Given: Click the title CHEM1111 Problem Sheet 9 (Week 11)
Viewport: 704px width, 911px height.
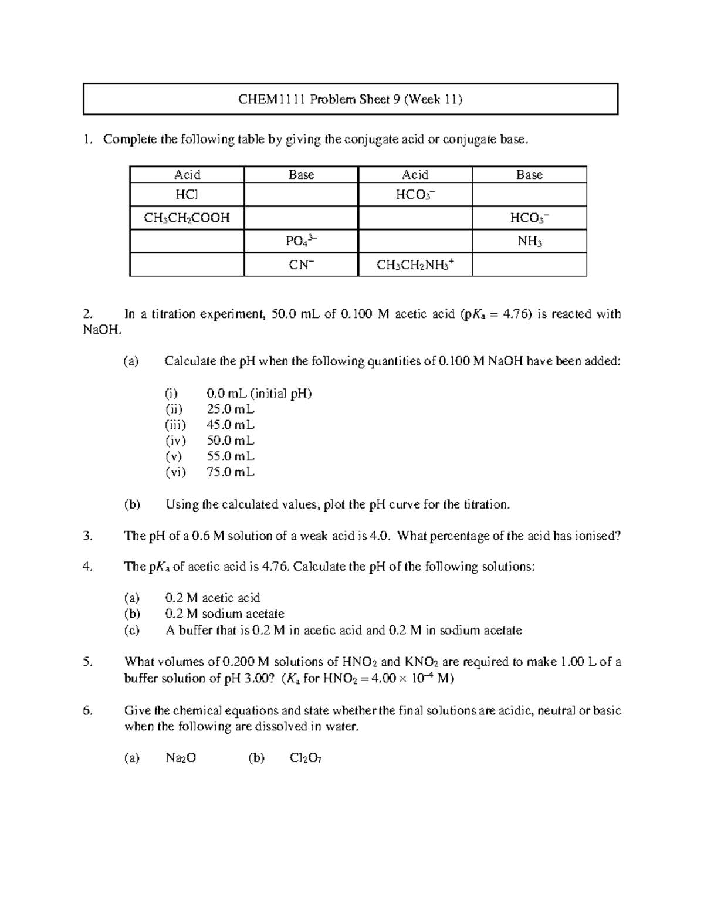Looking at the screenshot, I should click(350, 99).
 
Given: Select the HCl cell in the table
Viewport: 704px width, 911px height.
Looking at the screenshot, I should click(187, 195).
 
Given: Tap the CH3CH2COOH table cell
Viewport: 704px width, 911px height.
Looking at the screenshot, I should click(187, 218).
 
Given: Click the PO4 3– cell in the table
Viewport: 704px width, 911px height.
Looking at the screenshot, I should click(301, 241).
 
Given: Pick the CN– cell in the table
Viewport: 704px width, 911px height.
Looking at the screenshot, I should click(301, 265).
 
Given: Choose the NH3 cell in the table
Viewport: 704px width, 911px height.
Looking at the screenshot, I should click(529, 241).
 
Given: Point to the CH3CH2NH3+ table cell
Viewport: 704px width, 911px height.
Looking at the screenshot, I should click(415, 265).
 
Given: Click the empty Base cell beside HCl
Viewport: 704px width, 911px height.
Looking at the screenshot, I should click(301, 195).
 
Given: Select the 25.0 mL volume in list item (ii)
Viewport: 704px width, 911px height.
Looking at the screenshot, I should click(231, 409).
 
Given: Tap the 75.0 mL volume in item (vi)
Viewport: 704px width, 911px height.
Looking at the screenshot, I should click(231, 472).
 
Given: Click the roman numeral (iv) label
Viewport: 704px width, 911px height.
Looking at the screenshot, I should click(175, 441).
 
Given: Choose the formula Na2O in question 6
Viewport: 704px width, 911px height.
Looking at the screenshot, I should click(181, 758).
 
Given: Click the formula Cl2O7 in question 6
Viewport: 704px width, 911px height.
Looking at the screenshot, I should click(306, 758).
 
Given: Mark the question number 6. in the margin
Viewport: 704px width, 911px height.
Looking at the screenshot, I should click(88, 710).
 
